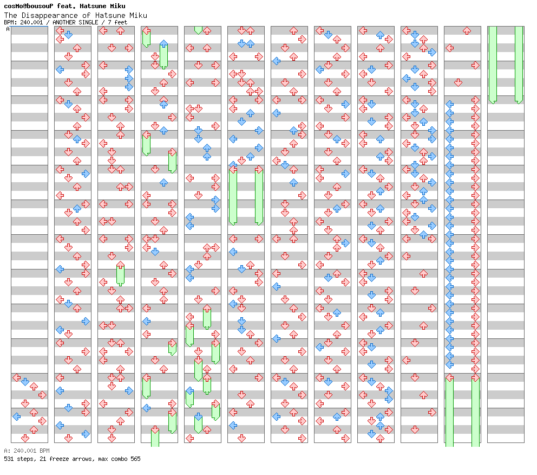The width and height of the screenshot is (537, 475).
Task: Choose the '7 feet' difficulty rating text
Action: (x=117, y=22)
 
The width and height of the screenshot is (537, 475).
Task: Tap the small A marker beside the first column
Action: (x=8, y=29)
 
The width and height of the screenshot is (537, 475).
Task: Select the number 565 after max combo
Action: (x=135, y=459)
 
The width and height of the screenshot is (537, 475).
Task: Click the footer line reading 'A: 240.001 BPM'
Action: (x=27, y=451)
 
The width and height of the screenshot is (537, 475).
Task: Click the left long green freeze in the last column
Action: (x=493, y=64)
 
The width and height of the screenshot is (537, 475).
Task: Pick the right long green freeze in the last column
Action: (x=519, y=64)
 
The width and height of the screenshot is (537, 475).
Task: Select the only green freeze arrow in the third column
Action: (x=120, y=274)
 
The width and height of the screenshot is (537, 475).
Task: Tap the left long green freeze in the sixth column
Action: (x=233, y=195)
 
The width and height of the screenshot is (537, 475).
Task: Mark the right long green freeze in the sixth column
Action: (x=259, y=195)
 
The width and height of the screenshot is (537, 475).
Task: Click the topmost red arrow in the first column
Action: (x=16, y=377)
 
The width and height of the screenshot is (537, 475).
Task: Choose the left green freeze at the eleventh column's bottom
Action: (x=449, y=410)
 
